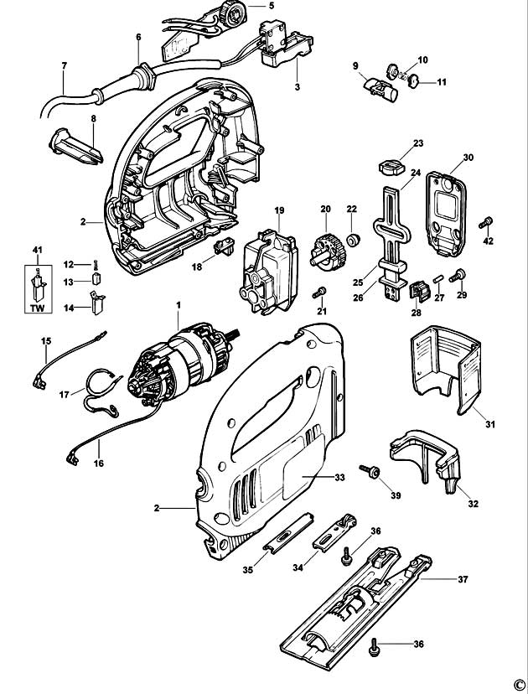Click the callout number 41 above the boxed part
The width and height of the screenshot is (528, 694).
(x=36, y=251)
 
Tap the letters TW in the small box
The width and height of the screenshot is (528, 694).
(x=36, y=308)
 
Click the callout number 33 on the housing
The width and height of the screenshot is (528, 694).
(x=315, y=478)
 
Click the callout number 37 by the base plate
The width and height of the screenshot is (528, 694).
(x=462, y=578)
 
